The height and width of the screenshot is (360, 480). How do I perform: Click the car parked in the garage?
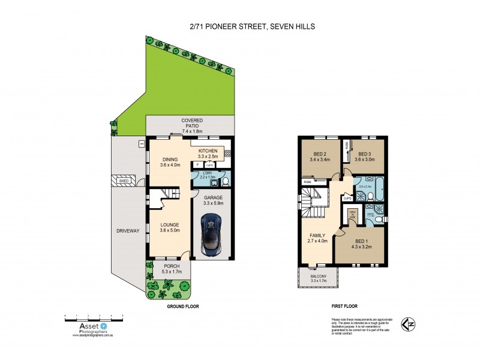213,235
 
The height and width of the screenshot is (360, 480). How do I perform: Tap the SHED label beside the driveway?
124,181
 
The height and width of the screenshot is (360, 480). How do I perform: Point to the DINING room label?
169,160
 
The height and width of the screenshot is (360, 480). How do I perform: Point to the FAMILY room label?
317,236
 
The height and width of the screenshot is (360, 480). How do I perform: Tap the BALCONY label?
318,277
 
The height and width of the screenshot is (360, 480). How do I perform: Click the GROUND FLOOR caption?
182,306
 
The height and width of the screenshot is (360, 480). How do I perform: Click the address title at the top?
239,26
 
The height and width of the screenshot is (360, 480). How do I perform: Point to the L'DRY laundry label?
207,173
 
